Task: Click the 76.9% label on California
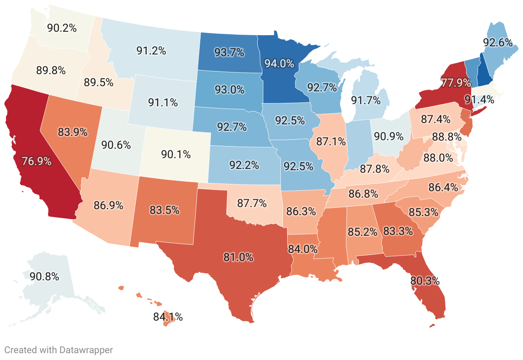(36, 162)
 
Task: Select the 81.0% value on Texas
(238, 258)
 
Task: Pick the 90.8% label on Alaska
(44, 276)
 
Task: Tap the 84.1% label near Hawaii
(168, 317)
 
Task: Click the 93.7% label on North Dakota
(229, 52)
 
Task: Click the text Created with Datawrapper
(59, 350)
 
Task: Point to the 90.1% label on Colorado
(176, 154)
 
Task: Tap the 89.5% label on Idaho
(99, 83)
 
